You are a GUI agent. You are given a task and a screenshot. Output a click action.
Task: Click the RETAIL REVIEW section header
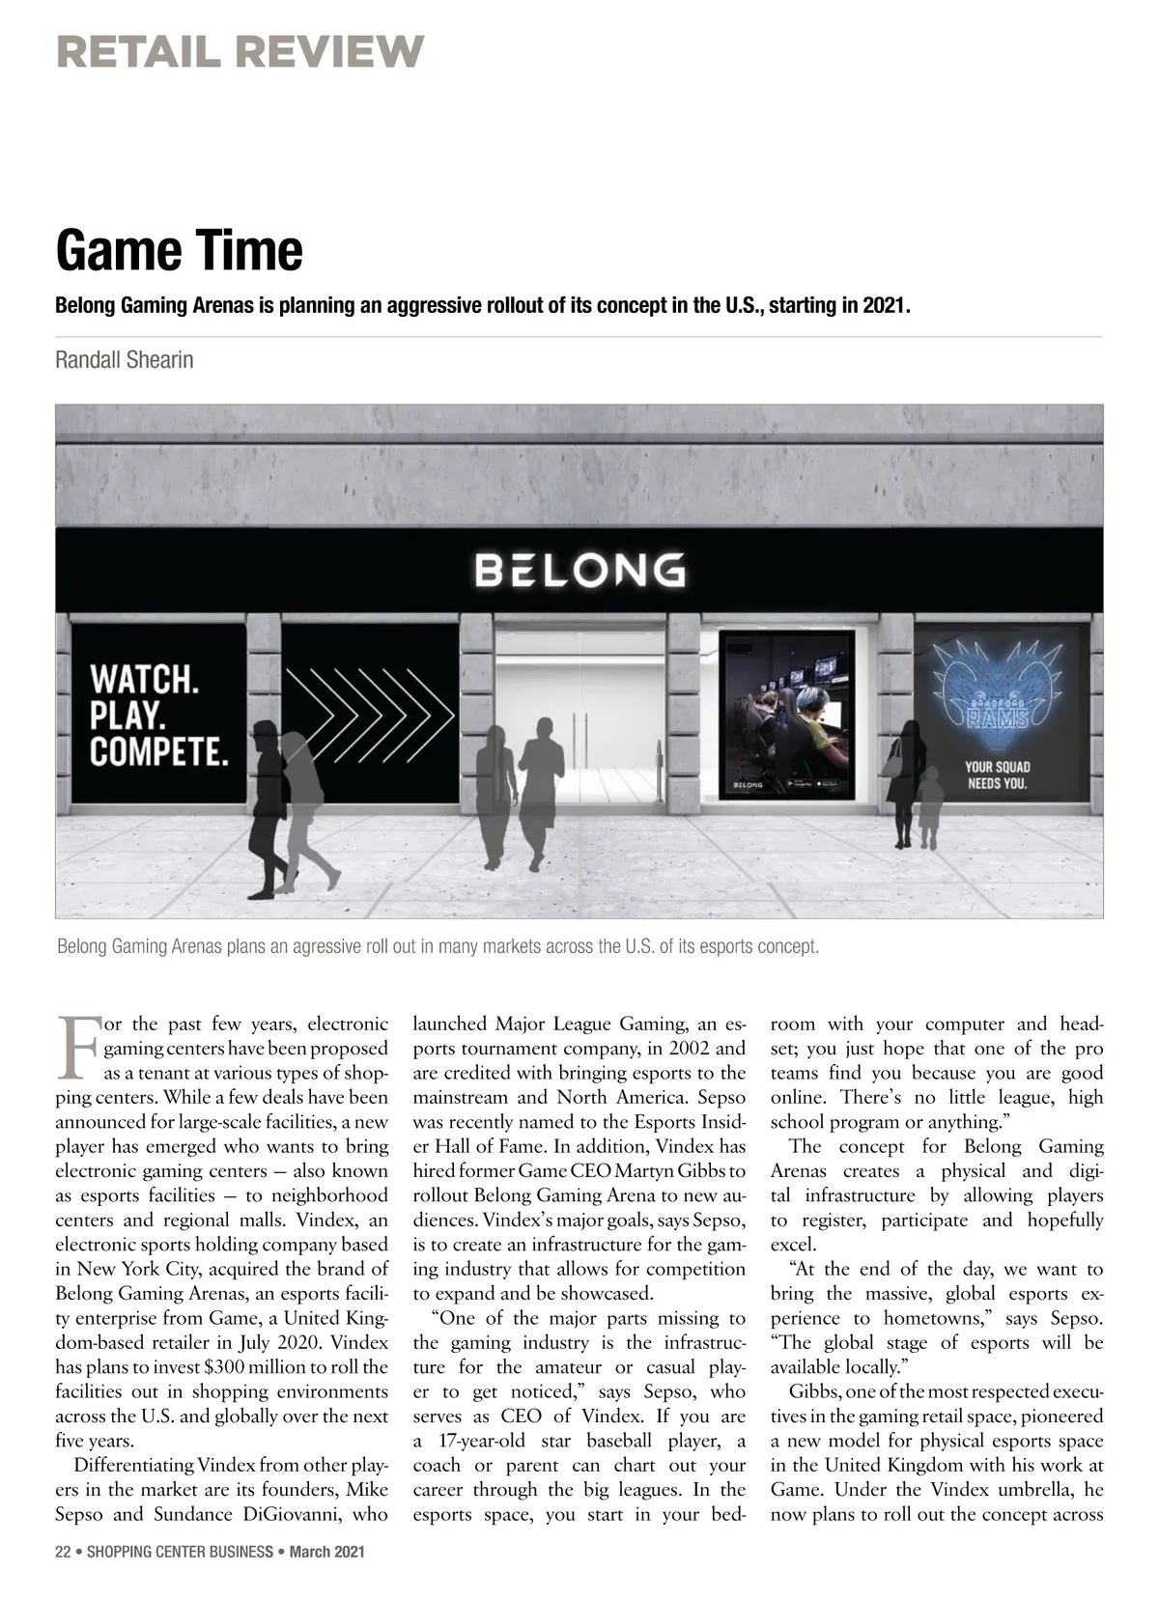(240, 51)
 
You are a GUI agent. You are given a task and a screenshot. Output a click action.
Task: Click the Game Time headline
(179, 250)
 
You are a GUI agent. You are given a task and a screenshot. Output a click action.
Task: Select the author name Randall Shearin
(124, 360)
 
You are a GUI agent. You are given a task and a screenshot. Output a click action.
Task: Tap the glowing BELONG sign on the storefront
(580, 571)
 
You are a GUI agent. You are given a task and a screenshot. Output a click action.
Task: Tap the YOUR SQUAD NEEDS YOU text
(998, 774)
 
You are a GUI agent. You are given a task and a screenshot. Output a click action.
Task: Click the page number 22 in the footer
(63, 1552)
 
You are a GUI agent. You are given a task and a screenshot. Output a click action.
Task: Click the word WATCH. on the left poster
(144, 679)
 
